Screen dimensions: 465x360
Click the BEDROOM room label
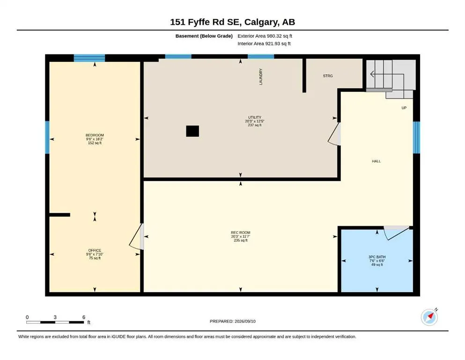click(x=95, y=135)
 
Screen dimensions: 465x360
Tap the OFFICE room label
click(x=95, y=250)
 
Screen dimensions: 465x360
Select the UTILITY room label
click(x=254, y=117)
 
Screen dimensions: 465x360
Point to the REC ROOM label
click(x=241, y=232)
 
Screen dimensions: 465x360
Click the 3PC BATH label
click(x=377, y=257)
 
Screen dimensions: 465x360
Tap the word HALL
click(x=376, y=161)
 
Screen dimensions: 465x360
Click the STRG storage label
click(x=328, y=76)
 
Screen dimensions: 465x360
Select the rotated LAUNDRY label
click(x=261, y=76)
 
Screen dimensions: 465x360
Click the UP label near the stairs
click(x=404, y=108)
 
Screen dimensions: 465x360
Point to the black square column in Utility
click(x=192, y=131)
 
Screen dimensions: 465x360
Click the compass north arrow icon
click(x=429, y=317)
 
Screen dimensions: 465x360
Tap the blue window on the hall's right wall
click(x=416, y=137)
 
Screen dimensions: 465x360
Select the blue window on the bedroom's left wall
click(x=47, y=137)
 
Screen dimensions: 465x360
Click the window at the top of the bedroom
click(x=89, y=58)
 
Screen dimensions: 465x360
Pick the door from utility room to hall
click(x=334, y=134)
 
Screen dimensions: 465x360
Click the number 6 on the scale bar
click(x=84, y=317)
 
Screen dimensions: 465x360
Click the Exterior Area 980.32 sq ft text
click(x=265, y=36)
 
